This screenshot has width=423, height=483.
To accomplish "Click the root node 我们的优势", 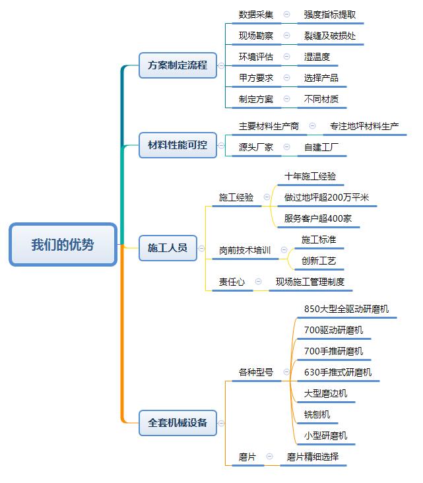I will (x=63, y=245).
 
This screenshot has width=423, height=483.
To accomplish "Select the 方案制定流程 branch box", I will (x=178, y=65).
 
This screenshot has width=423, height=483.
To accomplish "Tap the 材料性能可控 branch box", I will (x=178, y=145).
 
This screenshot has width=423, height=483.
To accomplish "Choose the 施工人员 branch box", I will (x=168, y=248).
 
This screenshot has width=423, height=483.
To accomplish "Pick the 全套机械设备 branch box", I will (x=178, y=422).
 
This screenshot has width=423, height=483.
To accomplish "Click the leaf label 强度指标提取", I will (x=330, y=15).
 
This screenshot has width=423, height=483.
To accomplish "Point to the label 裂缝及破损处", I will (x=330, y=36).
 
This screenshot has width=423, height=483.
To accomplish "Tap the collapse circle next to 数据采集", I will (x=286, y=14).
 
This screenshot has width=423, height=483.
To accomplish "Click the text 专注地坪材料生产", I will (x=364, y=126).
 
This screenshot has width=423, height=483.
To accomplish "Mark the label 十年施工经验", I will (x=310, y=177).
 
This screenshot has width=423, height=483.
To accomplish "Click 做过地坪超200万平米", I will (x=327, y=198).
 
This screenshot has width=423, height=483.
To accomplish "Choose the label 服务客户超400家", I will (x=318, y=219).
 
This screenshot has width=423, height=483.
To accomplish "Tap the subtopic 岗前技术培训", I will (x=245, y=251).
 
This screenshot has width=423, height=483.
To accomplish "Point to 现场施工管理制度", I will (x=309, y=282).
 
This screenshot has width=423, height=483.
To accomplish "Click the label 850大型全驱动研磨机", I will (x=346, y=309).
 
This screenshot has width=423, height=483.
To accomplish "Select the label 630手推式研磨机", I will (x=337, y=372).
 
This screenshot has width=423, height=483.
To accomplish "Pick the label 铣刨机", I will (x=317, y=414).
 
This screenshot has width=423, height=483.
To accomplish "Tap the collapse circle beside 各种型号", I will (x=286, y=372).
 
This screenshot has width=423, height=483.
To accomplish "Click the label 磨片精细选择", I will (x=313, y=457).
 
